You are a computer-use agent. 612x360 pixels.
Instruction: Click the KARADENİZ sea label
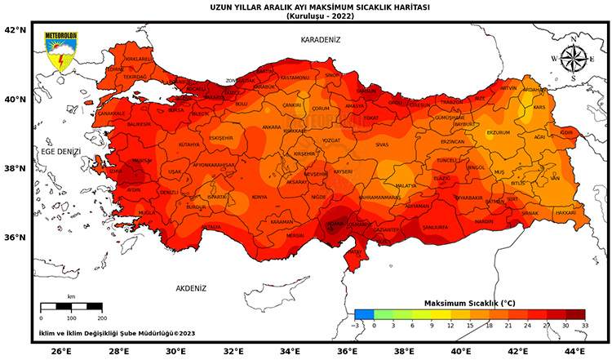[x=320, y=39]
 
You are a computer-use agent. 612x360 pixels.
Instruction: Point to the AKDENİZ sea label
[x=192, y=288]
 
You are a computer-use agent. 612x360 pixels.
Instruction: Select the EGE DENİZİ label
[x=61, y=152]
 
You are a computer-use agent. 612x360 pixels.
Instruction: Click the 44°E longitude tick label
[x=574, y=351]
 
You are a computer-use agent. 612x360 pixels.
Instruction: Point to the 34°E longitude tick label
[x=290, y=351]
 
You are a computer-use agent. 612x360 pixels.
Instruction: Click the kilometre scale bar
[x=71, y=306]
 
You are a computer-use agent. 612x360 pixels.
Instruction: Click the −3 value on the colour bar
[x=356, y=325]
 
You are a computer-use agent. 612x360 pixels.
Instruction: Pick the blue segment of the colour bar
[x=365, y=313]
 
